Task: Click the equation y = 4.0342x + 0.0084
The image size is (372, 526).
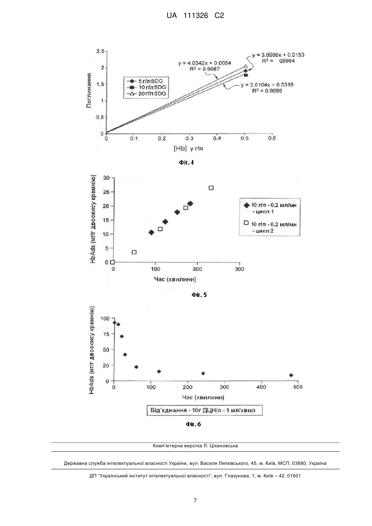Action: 204,63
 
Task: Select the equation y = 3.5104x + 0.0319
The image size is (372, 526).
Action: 267,85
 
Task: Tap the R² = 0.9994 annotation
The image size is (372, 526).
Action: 278,61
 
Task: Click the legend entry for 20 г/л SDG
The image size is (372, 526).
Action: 146,94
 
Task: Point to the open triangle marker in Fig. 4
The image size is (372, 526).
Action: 246,67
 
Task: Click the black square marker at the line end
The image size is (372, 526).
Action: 246,75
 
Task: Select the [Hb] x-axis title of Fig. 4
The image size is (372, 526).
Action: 188,149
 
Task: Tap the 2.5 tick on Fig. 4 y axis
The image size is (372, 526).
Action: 100,51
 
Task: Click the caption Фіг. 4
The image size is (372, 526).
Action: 187,162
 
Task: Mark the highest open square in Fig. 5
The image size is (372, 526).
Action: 211,188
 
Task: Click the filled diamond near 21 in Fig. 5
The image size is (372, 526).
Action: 190,204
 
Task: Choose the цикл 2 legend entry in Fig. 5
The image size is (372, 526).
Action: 270,227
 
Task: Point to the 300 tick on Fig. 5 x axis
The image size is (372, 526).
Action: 239,269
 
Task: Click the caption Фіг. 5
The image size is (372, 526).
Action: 199,295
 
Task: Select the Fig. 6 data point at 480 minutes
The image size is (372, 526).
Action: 291,375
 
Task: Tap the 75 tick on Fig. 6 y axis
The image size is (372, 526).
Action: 106,334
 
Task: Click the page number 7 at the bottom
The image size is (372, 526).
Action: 195,501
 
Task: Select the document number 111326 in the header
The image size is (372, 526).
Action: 196,16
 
